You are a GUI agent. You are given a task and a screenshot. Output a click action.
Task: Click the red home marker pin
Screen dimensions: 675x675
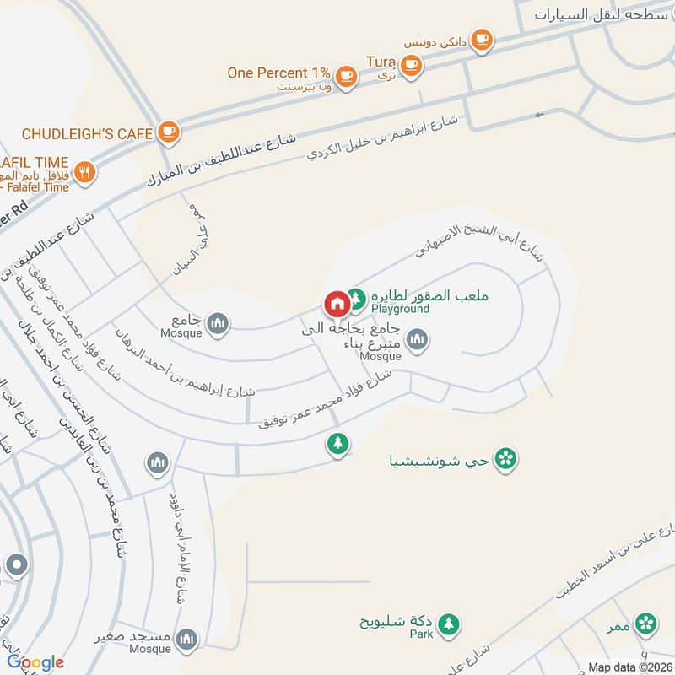(x=336, y=303)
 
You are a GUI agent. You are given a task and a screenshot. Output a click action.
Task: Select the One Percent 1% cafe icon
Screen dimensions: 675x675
(x=345, y=76)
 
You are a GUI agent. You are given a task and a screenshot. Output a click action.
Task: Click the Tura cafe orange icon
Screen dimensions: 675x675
(x=410, y=65)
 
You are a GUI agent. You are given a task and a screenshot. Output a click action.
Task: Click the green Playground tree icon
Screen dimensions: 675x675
(x=357, y=298)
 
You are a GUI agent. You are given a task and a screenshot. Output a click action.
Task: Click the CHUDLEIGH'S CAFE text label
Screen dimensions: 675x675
(x=87, y=133)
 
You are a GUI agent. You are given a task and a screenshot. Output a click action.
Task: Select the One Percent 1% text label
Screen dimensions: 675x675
(x=278, y=73)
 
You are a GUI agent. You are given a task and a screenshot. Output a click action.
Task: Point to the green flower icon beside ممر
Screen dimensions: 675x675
(x=646, y=624)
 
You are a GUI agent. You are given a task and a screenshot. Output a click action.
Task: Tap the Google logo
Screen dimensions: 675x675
(x=35, y=662)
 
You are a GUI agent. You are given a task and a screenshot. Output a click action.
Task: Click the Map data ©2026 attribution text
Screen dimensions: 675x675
(x=629, y=667)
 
